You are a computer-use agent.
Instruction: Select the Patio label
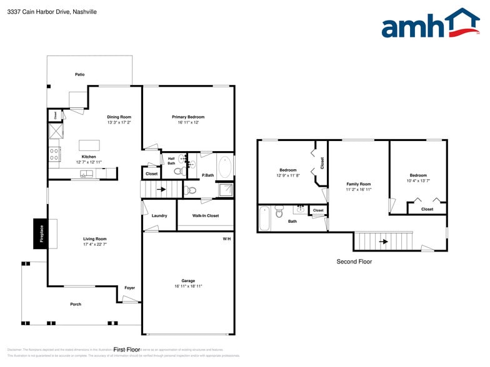click(x=79, y=74)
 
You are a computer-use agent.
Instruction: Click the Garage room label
click(x=188, y=282)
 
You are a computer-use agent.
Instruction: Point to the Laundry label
click(x=159, y=216)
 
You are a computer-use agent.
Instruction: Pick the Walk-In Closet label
click(x=205, y=216)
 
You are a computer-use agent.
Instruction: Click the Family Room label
click(x=359, y=184)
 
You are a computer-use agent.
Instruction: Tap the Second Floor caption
click(x=354, y=262)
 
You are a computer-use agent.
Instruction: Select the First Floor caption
click(x=126, y=350)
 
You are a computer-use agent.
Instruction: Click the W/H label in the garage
click(x=226, y=239)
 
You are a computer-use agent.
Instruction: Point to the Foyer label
click(x=129, y=288)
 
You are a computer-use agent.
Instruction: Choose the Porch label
click(x=76, y=304)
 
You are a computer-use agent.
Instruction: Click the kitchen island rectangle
click(x=89, y=145)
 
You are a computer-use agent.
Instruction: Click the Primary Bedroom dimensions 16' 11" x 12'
click(x=188, y=122)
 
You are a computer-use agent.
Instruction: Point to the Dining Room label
click(x=119, y=117)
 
